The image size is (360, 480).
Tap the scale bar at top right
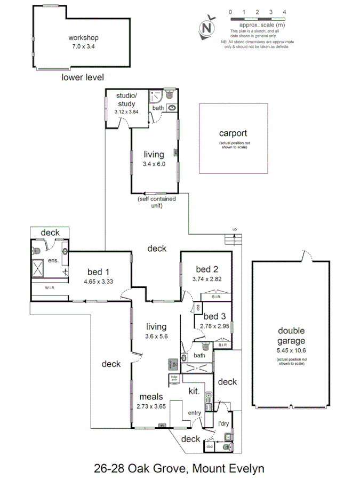click(x=258, y=19)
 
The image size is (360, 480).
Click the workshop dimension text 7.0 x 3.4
click(x=83, y=47)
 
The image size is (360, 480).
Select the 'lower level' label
click(x=83, y=77)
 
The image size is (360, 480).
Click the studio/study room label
click(x=126, y=100)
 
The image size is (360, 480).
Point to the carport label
click(x=233, y=133)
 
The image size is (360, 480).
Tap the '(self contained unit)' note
click(x=156, y=202)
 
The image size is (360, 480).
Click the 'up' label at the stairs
click(x=234, y=230)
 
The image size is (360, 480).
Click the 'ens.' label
click(x=53, y=261)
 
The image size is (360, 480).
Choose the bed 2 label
click(x=206, y=269)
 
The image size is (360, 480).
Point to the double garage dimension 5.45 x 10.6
click(x=291, y=350)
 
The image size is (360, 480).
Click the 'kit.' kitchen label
click(x=194, y=391)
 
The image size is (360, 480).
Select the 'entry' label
click(x=195, y=412)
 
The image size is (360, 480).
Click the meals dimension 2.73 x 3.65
click(x=151, y=406)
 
